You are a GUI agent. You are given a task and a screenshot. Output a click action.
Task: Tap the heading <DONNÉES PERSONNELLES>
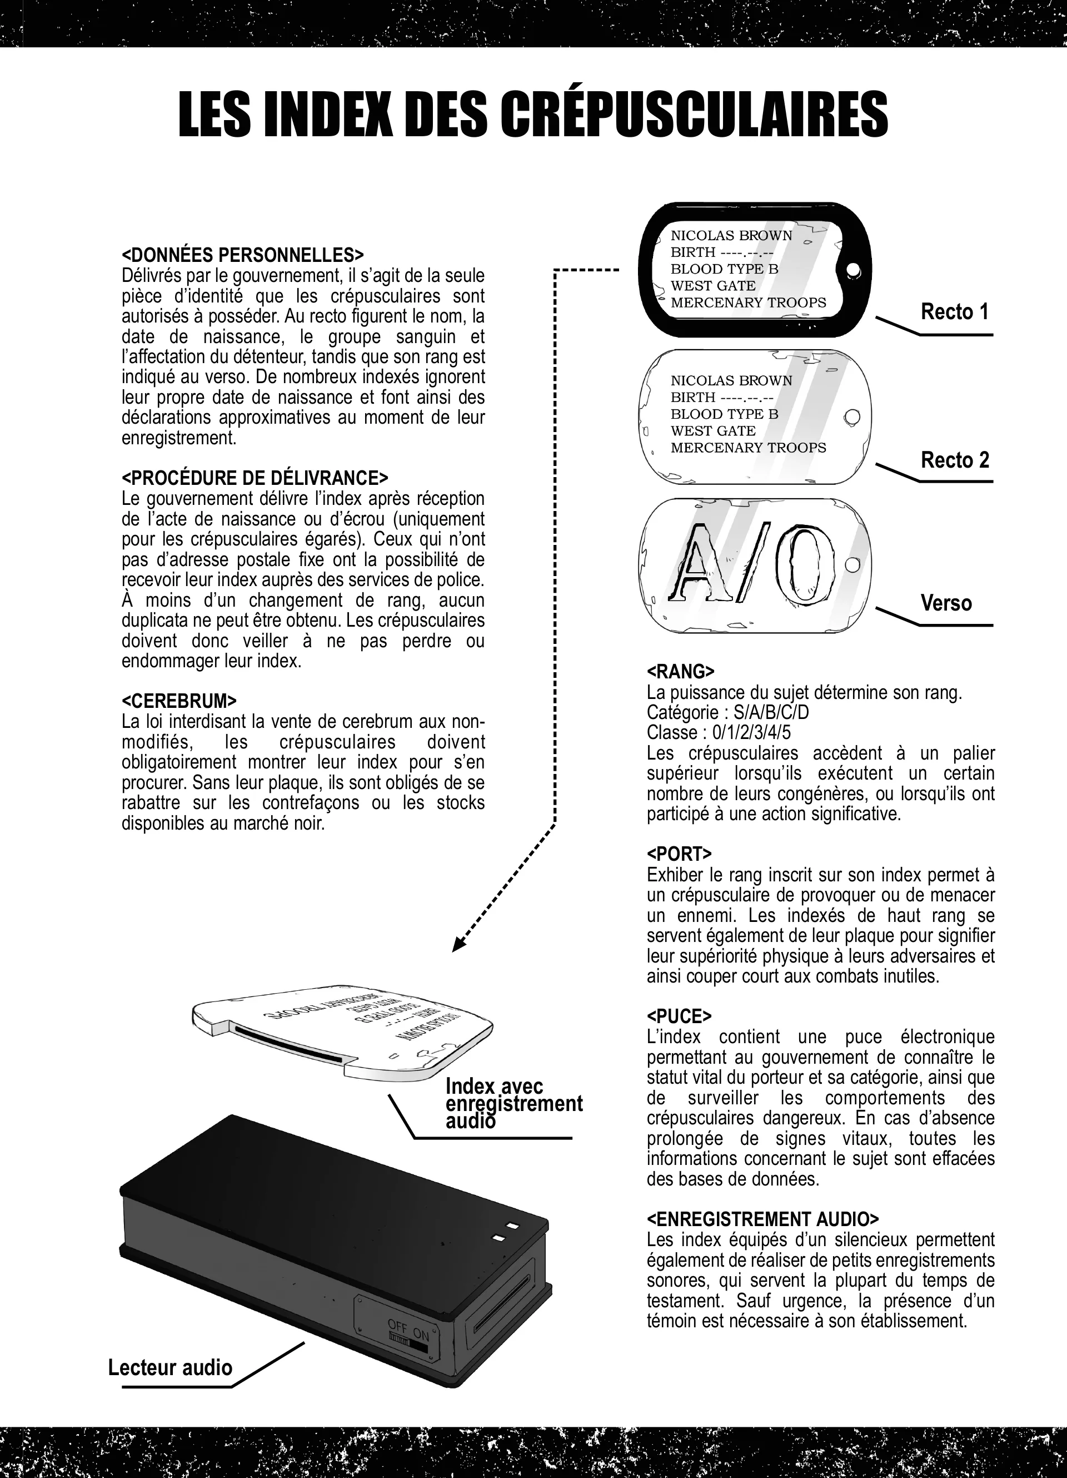[242, 255]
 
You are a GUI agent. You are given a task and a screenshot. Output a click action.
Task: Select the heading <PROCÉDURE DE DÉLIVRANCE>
[255, 478]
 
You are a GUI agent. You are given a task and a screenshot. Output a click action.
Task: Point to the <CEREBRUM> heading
[179, 701]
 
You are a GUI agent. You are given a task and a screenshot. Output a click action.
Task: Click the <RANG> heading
[680, 672]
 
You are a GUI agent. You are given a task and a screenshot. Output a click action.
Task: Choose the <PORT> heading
[679, 854]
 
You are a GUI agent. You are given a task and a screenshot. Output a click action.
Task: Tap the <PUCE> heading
[679, 1016]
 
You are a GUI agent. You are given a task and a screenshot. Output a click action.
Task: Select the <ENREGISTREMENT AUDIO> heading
[762, 1219]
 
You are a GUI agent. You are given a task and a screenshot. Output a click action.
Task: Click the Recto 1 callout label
[954, 312]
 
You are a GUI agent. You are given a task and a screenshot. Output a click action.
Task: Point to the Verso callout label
[946, 603]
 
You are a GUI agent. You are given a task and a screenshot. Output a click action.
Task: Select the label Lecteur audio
[170, 1367]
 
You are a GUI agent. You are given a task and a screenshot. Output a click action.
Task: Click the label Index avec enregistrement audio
[513, 1103]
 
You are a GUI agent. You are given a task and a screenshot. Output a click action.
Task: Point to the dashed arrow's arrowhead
[458, 946]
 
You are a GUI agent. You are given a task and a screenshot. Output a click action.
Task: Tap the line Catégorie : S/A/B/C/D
[727, 712]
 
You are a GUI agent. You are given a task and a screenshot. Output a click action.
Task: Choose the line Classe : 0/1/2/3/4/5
[719, 732]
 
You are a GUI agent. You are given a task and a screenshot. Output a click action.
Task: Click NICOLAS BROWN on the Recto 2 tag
[731, 380]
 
